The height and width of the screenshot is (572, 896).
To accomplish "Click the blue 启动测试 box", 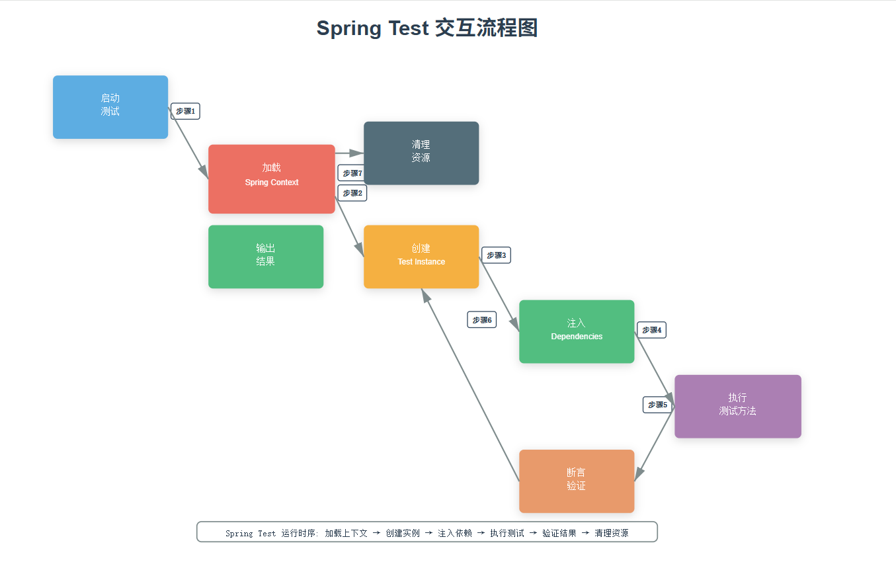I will click(110, 106).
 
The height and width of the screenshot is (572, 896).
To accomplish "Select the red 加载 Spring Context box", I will click(272, 179).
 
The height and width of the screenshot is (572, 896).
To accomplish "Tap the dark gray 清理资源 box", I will click(421, 153).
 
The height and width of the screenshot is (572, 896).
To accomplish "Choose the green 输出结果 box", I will click(266, 257).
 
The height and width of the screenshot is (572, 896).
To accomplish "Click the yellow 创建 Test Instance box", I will click(421, 257).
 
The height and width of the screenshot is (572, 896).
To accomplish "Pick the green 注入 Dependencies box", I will click(577, 331).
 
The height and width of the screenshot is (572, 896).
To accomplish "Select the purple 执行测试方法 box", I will click(738, 406).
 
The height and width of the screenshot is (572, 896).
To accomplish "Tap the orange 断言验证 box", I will click(577, 481).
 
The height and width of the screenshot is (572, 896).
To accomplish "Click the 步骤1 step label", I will click(185, 111).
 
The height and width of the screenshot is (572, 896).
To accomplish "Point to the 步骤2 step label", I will click(352, 193).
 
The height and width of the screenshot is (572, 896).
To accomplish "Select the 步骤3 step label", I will click(496, 255).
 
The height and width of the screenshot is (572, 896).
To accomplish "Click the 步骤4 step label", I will click(651, 330).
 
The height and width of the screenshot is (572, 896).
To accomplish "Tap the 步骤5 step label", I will click(657, 405).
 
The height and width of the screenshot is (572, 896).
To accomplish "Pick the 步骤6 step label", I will click(482, 320).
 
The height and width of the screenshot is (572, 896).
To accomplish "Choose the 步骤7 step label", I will click(352, 173).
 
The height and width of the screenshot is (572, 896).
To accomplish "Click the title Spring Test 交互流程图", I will click(427, 28).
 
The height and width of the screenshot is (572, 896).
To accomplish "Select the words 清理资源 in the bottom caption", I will click(611, 533).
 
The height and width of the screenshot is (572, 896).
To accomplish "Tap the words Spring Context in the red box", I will click(272, 183).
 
